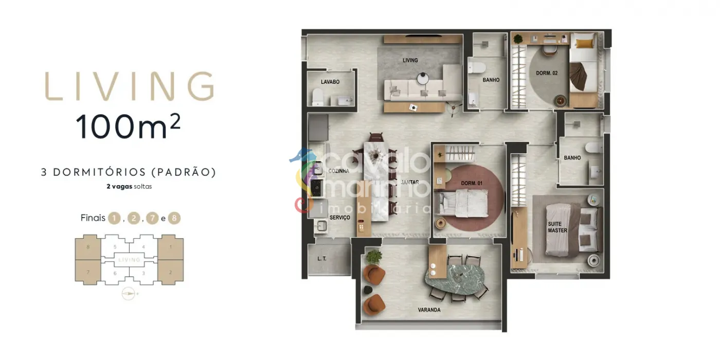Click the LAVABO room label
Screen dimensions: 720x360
click(330, 82)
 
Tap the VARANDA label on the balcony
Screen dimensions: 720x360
click(429, 310)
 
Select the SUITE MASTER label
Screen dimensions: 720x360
click(557, 227)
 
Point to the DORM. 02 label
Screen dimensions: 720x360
click(547, 73)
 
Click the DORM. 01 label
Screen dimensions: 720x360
click(472, 183)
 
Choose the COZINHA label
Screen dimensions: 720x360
click(339, 171)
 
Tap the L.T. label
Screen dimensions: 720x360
click(322, 258)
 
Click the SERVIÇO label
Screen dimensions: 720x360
click(340, 218)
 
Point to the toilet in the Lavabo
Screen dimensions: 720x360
click(318, 97)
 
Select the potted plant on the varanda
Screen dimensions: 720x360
click(374, 257)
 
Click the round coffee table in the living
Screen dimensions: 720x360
click(423, 78)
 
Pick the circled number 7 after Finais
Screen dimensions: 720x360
click(152, 218)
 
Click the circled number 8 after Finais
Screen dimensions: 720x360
click(174, 218)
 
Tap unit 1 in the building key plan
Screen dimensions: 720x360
click(171, 247)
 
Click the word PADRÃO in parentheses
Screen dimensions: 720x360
click(184, 172)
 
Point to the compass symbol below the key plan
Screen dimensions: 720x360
click(128, 294)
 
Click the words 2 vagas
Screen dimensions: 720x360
click(119, 186)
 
